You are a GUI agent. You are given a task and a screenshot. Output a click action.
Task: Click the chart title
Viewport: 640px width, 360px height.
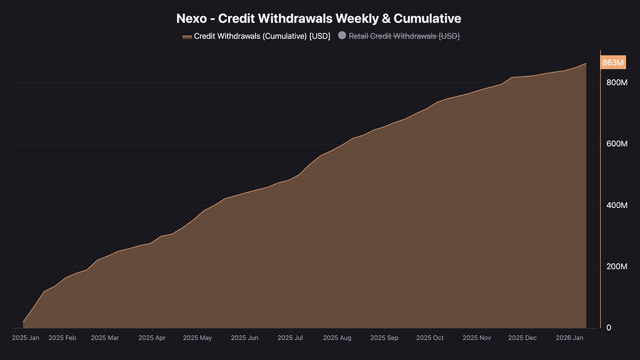pos(319,19)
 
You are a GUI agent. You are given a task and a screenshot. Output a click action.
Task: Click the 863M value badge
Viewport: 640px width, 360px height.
pos(612,63)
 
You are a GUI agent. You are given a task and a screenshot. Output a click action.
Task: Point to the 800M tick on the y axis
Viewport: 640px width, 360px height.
pos(616,82)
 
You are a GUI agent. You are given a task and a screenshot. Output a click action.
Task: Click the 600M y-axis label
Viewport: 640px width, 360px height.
pos(616,144)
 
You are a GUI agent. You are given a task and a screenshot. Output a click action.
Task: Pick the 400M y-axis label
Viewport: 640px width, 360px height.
pos(616,205)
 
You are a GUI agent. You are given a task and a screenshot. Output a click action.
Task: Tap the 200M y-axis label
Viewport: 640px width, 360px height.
pos(616,267)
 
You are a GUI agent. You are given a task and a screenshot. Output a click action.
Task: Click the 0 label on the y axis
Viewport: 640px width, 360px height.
pos(608,328)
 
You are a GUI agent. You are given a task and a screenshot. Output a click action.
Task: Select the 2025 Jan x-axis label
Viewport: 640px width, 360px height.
pos(26,338)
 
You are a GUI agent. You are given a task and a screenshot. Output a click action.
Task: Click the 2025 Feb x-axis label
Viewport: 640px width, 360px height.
pos(62,338)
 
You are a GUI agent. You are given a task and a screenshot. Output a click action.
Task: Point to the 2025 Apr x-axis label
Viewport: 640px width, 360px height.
pos(152,338)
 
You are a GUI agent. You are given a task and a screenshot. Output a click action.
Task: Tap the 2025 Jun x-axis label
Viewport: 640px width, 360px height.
pos(244,338)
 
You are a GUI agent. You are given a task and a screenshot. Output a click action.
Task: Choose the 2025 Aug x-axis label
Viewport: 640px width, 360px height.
pos(337,338)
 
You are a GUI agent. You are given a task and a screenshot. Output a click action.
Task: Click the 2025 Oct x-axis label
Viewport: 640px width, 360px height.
pos(429,338)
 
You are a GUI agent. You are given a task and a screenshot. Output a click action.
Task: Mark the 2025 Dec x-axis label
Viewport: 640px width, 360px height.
pos(522,338)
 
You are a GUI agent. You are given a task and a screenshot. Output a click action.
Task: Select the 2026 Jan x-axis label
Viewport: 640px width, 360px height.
pos(569,338)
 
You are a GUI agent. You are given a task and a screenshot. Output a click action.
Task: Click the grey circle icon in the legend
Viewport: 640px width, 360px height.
pos(342,36)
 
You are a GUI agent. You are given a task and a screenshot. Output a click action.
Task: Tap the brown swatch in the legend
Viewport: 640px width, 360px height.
pos(187,37)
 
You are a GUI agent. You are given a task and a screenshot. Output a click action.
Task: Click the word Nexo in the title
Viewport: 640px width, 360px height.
pos(191,19)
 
